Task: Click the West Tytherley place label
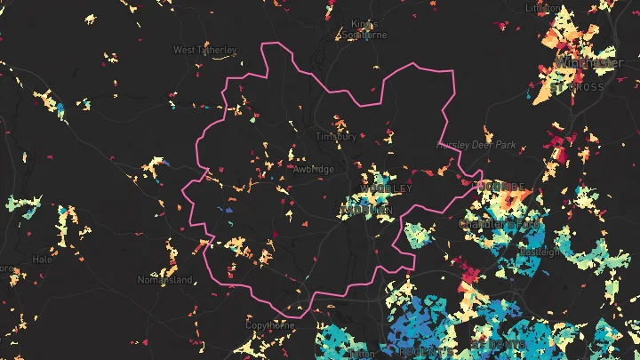204,50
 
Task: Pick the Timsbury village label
337,137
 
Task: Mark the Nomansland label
164,280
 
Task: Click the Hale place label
42,260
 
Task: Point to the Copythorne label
269,325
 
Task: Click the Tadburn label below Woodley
366,210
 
